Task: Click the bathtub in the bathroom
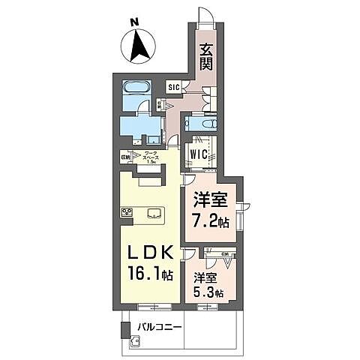[x=136, y=86]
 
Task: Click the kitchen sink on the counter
[x=154, y=212]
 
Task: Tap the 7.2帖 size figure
[x=210, y=223]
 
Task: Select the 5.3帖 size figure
[x=208, y=292]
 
